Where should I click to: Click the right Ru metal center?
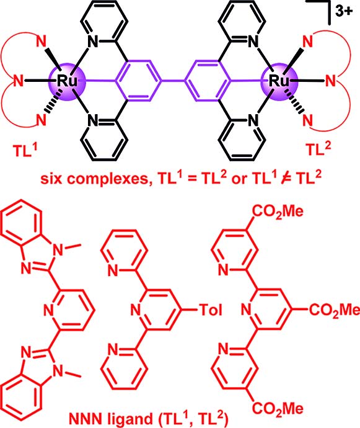[x=279, y=81]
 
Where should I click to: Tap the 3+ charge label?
[x=344, y=11]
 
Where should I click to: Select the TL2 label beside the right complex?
[x=318, y=148]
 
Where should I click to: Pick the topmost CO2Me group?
[x=278, y=212]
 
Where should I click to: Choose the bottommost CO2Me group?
[x=278, y=409]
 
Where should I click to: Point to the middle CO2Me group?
[x=334, y=310]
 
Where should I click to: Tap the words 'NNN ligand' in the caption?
[x=110, y=419]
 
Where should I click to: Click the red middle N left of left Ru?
[x=19, y=81]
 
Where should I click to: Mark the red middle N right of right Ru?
[x=330, y=81]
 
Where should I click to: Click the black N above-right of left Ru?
[x=93, y=42]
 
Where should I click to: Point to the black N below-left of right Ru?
[x=253, y=120]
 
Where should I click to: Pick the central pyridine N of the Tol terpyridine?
[x=136, y=310]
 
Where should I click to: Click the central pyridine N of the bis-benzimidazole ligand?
[x=49, y=310]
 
